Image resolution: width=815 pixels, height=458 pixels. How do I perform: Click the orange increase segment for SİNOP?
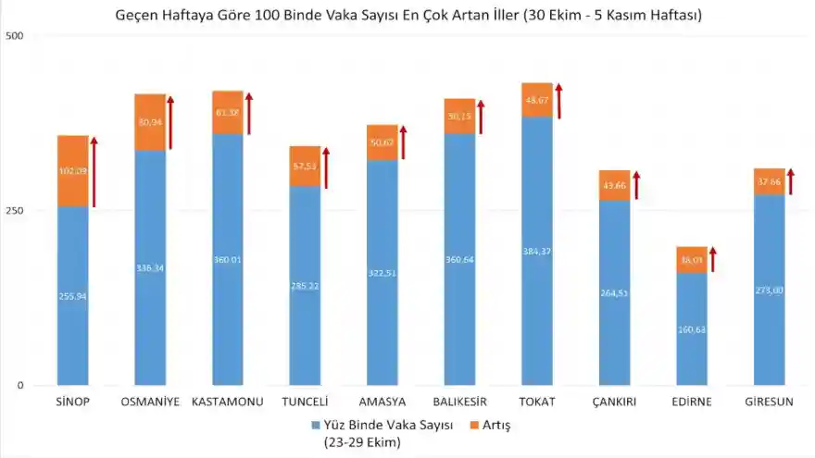tap(73, 171)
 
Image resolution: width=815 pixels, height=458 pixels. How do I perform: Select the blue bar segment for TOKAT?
tap(537, 250)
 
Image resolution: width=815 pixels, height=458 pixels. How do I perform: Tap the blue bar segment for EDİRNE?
tap(692, 328)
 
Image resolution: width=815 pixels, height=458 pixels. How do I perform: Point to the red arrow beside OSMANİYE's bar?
tap(170, 122)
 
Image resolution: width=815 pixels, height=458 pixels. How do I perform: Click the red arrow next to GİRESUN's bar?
tap(790, 181)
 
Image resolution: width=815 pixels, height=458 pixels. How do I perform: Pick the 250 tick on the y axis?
tap(14, 211)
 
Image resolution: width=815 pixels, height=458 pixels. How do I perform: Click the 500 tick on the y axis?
tap(14, 36)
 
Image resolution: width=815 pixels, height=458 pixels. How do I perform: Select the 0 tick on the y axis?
tap(19, 386)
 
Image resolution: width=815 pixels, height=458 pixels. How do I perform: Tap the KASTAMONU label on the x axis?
tap(227, 402)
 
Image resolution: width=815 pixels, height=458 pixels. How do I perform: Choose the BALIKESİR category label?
tap(460, 402)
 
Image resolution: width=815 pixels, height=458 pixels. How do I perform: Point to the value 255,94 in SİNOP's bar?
tap(73, 296)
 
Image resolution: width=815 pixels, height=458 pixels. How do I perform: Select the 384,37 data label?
tap(537, 252)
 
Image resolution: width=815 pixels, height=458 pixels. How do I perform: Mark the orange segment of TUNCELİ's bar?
tap(305, 166)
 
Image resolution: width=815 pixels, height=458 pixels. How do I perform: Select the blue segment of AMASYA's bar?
tap(382, 273)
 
